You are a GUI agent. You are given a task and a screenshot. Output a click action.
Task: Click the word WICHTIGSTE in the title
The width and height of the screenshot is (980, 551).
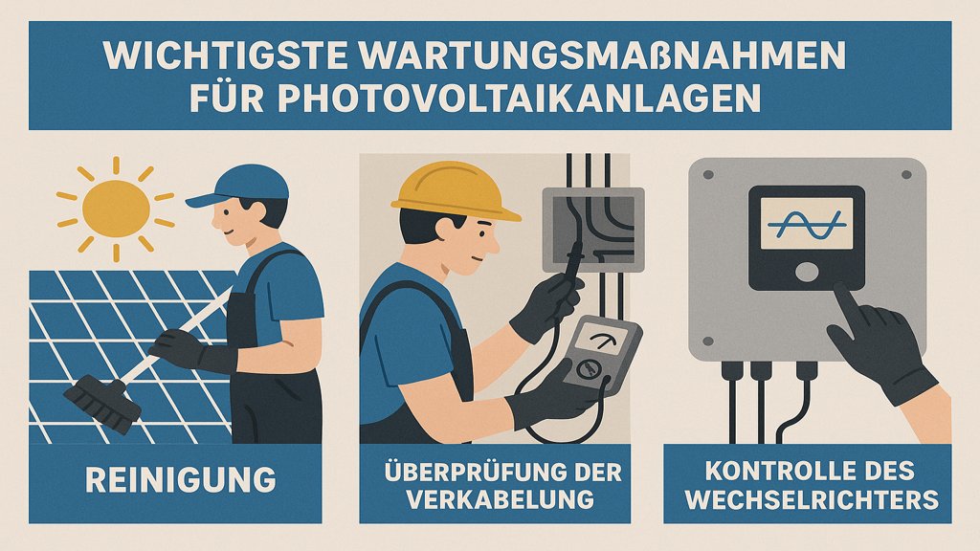click(226, 55)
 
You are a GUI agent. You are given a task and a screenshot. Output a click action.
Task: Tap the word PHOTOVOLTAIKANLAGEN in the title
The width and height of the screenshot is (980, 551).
click(519, 98)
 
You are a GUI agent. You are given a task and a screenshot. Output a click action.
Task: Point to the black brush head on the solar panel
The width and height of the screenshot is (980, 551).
click(101, 403)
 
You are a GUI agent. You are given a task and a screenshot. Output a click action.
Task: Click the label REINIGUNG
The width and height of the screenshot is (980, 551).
click(181, 480)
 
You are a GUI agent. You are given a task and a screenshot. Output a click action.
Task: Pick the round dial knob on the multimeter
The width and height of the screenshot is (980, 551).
click(588, 369)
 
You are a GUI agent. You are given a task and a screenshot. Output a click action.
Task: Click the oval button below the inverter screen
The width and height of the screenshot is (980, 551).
click(806, 272)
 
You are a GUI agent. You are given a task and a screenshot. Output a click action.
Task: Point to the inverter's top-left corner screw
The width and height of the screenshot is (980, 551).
click(708, 175)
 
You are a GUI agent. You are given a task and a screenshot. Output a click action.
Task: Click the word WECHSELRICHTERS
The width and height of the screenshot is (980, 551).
click(812, 499)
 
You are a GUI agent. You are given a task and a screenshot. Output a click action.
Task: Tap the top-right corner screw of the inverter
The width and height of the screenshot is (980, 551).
click(906, 175)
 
